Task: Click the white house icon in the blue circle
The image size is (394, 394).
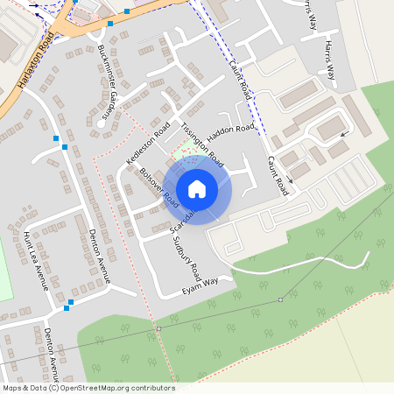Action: (197, 188)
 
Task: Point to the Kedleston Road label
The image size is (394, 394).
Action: (146, 143)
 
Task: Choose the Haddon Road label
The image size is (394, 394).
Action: (232, 130)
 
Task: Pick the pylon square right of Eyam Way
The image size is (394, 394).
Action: (280, 299)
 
